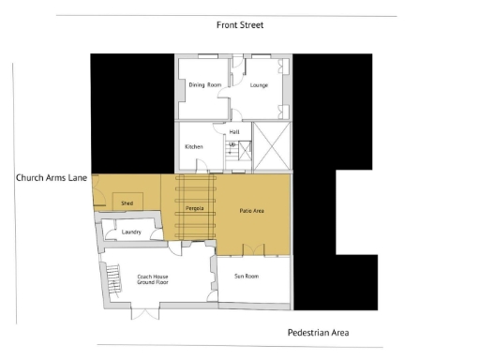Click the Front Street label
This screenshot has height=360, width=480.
tap(239, 26)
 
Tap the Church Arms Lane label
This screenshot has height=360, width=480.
tap(52, 176)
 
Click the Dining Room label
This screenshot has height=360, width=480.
tap(204, 85)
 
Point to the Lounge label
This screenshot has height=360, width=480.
tap(260, 85)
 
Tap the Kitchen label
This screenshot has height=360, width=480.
tap(194, 147)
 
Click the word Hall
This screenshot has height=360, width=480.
tap(234, 132)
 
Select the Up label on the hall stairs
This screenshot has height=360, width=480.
tap(232, 145)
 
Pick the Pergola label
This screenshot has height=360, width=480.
tap(195, 207)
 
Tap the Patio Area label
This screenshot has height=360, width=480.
tap(252, 212)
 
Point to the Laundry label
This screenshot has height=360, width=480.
tap(131, 232)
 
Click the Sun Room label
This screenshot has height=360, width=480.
tap(247, 277)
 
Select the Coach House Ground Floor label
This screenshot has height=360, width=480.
tap(153, 278)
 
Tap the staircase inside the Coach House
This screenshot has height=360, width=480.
tap(115, 278)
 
